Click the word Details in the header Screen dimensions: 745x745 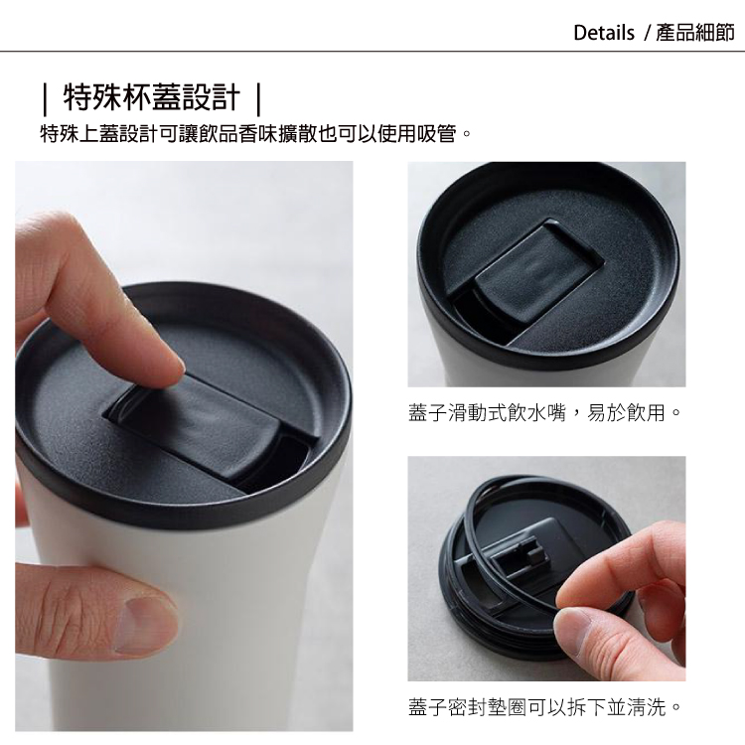click(x=604, y=33)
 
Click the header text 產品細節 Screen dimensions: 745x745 click(x=695, y=33)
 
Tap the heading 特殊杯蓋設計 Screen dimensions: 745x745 click(x=152, y=98)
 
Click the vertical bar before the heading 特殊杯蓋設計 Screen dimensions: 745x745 click(x=45, y=99)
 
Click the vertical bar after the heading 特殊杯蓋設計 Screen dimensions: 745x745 click(x=258, y=99)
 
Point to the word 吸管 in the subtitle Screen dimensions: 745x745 click(x=437, y=133)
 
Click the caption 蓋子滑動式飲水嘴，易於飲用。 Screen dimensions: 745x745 click(x=544, y=412)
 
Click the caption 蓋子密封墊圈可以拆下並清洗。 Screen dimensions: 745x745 click(x=544, y=706)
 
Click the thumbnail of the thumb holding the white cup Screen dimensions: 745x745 click(x=142, y=624)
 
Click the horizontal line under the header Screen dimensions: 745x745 click(x=372, y=51)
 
